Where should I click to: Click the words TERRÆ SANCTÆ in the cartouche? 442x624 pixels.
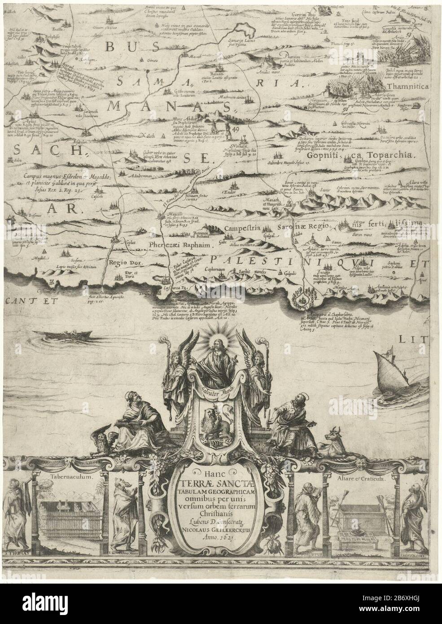[x=221, y=493]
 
